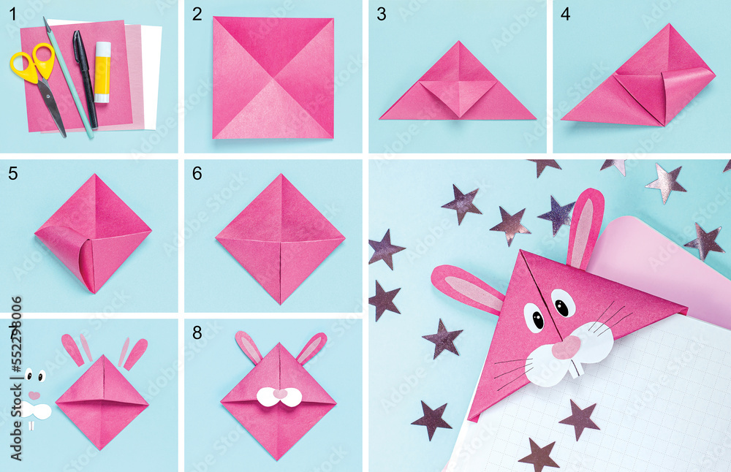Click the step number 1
(11, 14)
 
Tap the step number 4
(565, 14)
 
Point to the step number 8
(197, 332)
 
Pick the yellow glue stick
(102, 72)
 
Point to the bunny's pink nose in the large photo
(564, 348)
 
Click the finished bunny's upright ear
(585, 228)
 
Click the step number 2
(197, 14)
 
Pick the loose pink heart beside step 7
(34, 395)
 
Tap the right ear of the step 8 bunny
(311, 347)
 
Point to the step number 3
(381, 14)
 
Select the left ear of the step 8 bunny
(247, 347)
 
